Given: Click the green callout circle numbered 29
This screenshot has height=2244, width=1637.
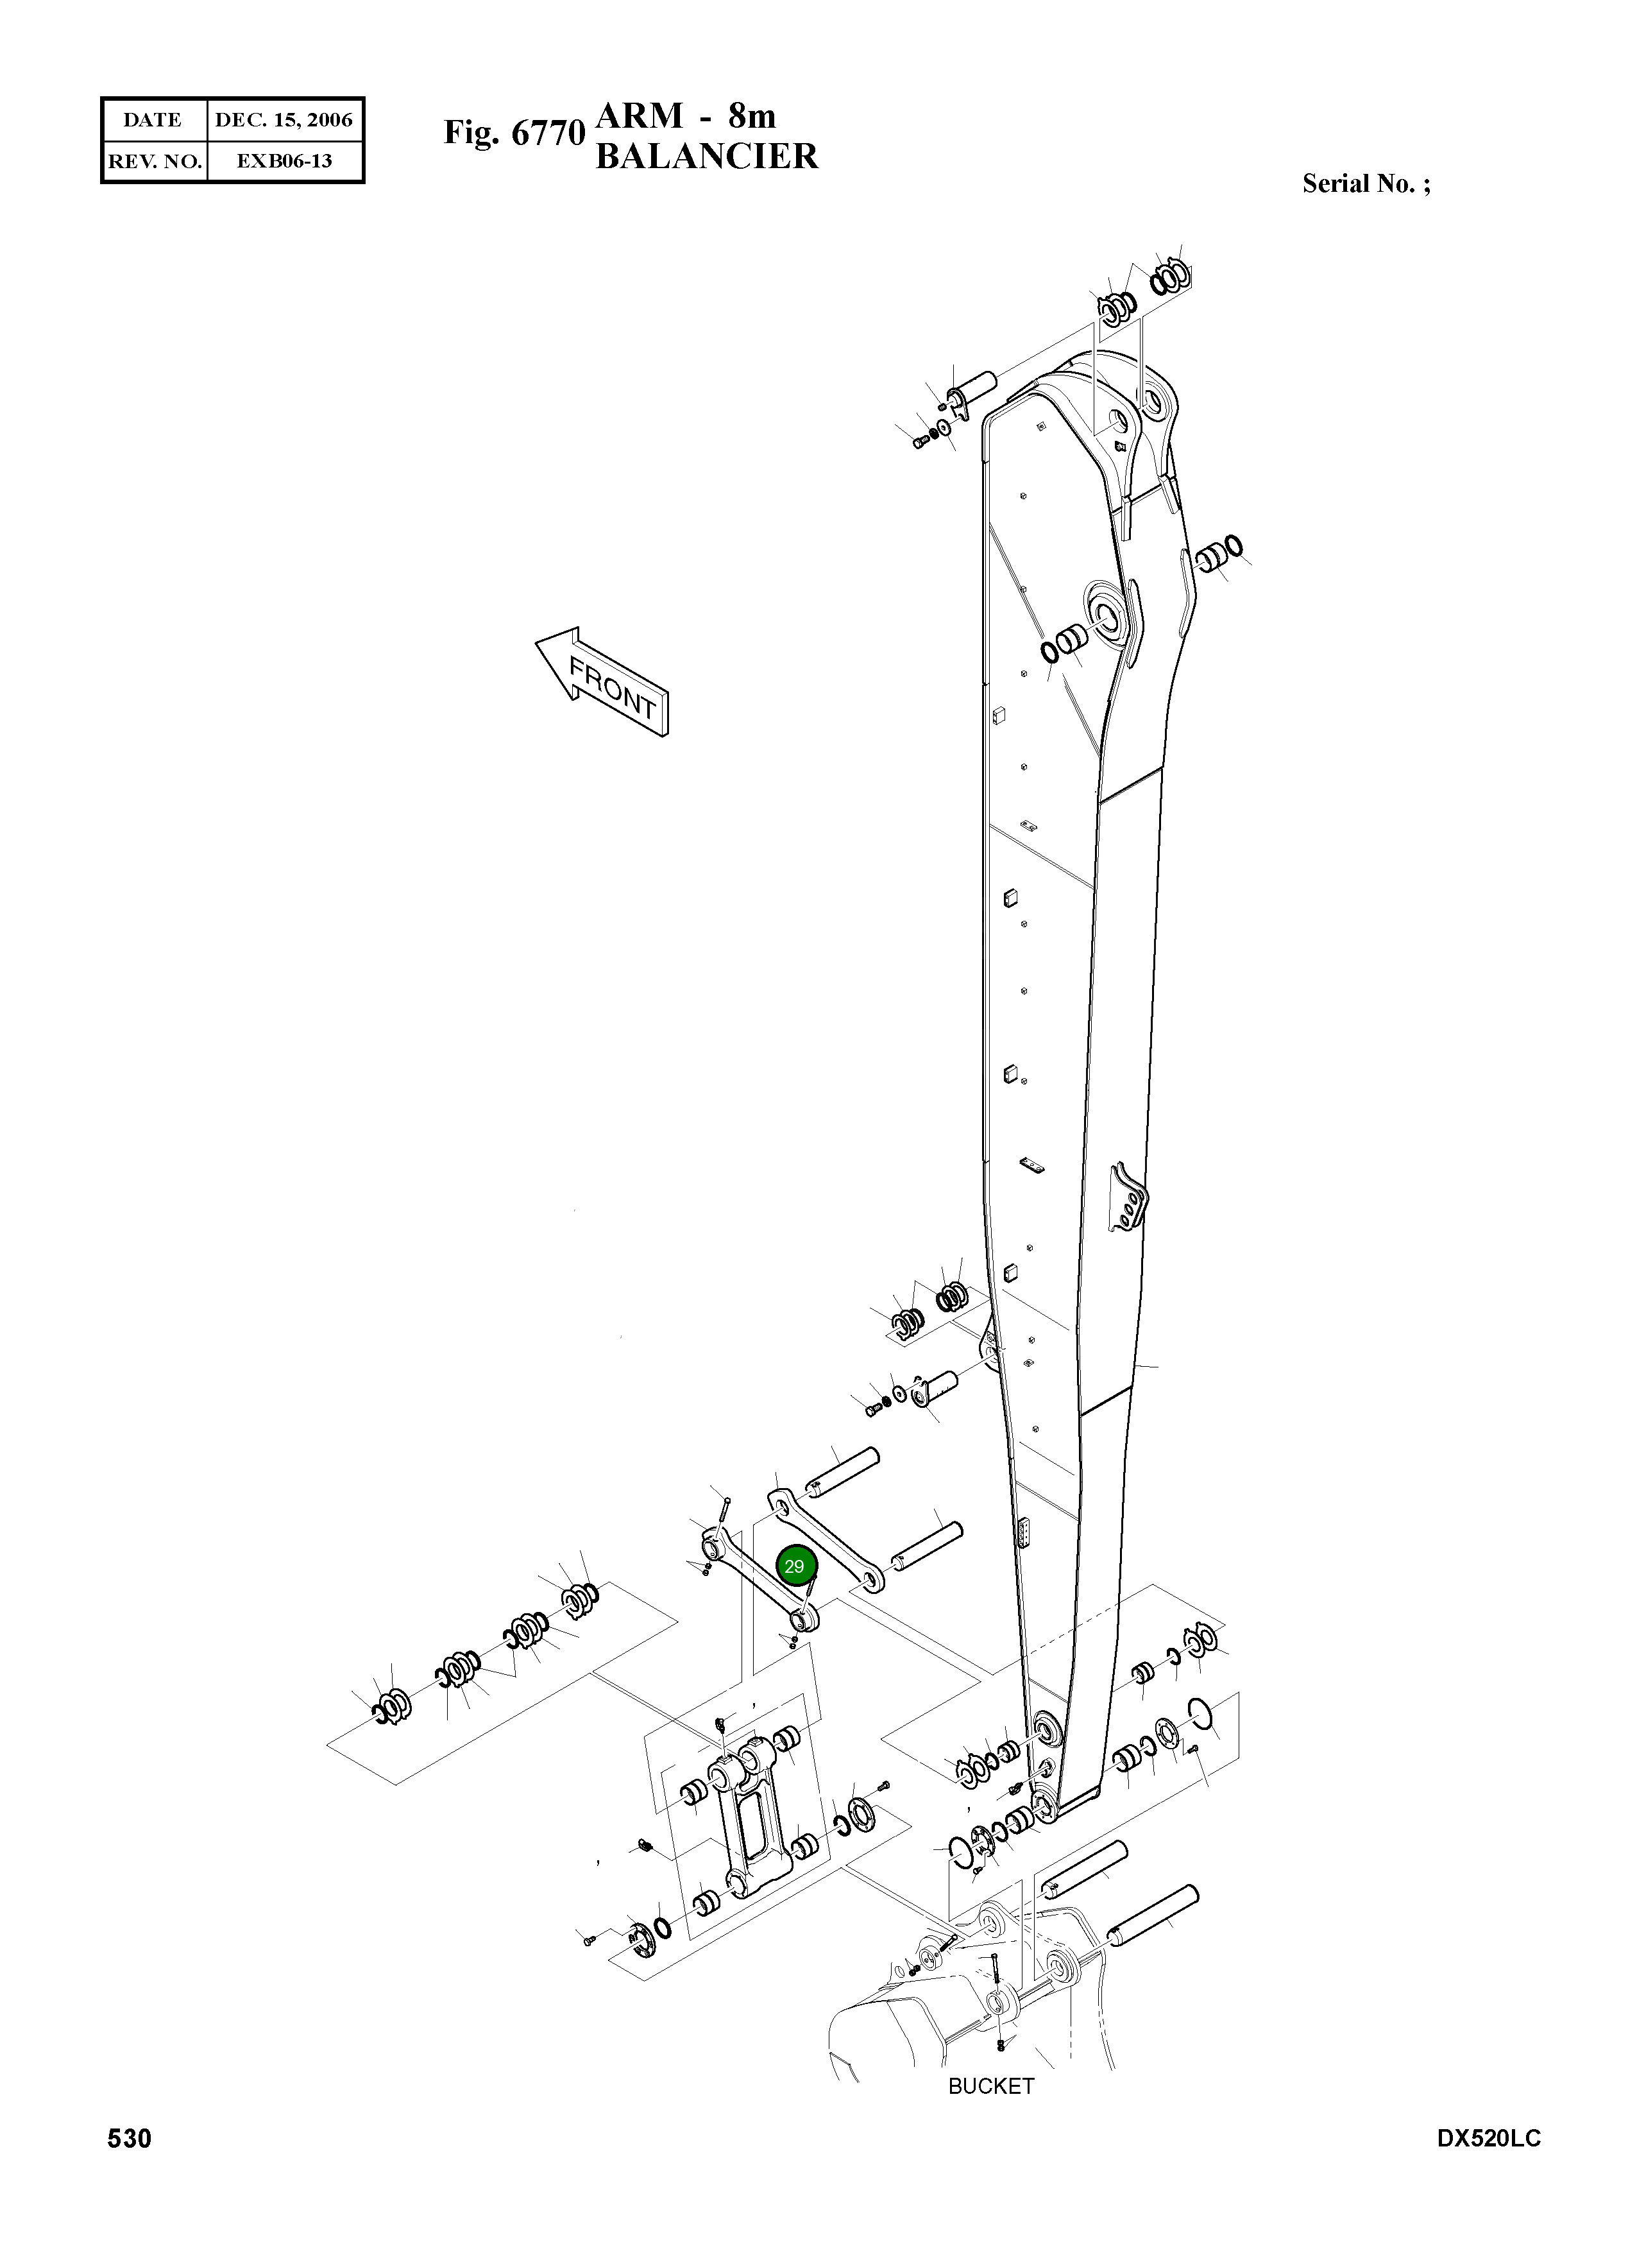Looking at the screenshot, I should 793,1566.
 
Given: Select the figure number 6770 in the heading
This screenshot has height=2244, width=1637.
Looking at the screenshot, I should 548,133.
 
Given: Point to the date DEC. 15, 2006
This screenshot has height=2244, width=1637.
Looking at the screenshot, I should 284,120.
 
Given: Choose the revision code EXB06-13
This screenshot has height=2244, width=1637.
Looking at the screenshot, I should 284,160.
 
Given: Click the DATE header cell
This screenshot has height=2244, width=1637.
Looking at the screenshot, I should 153,120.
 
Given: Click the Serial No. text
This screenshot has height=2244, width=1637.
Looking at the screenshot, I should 1366,184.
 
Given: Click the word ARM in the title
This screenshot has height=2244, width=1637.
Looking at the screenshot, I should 639,117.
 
